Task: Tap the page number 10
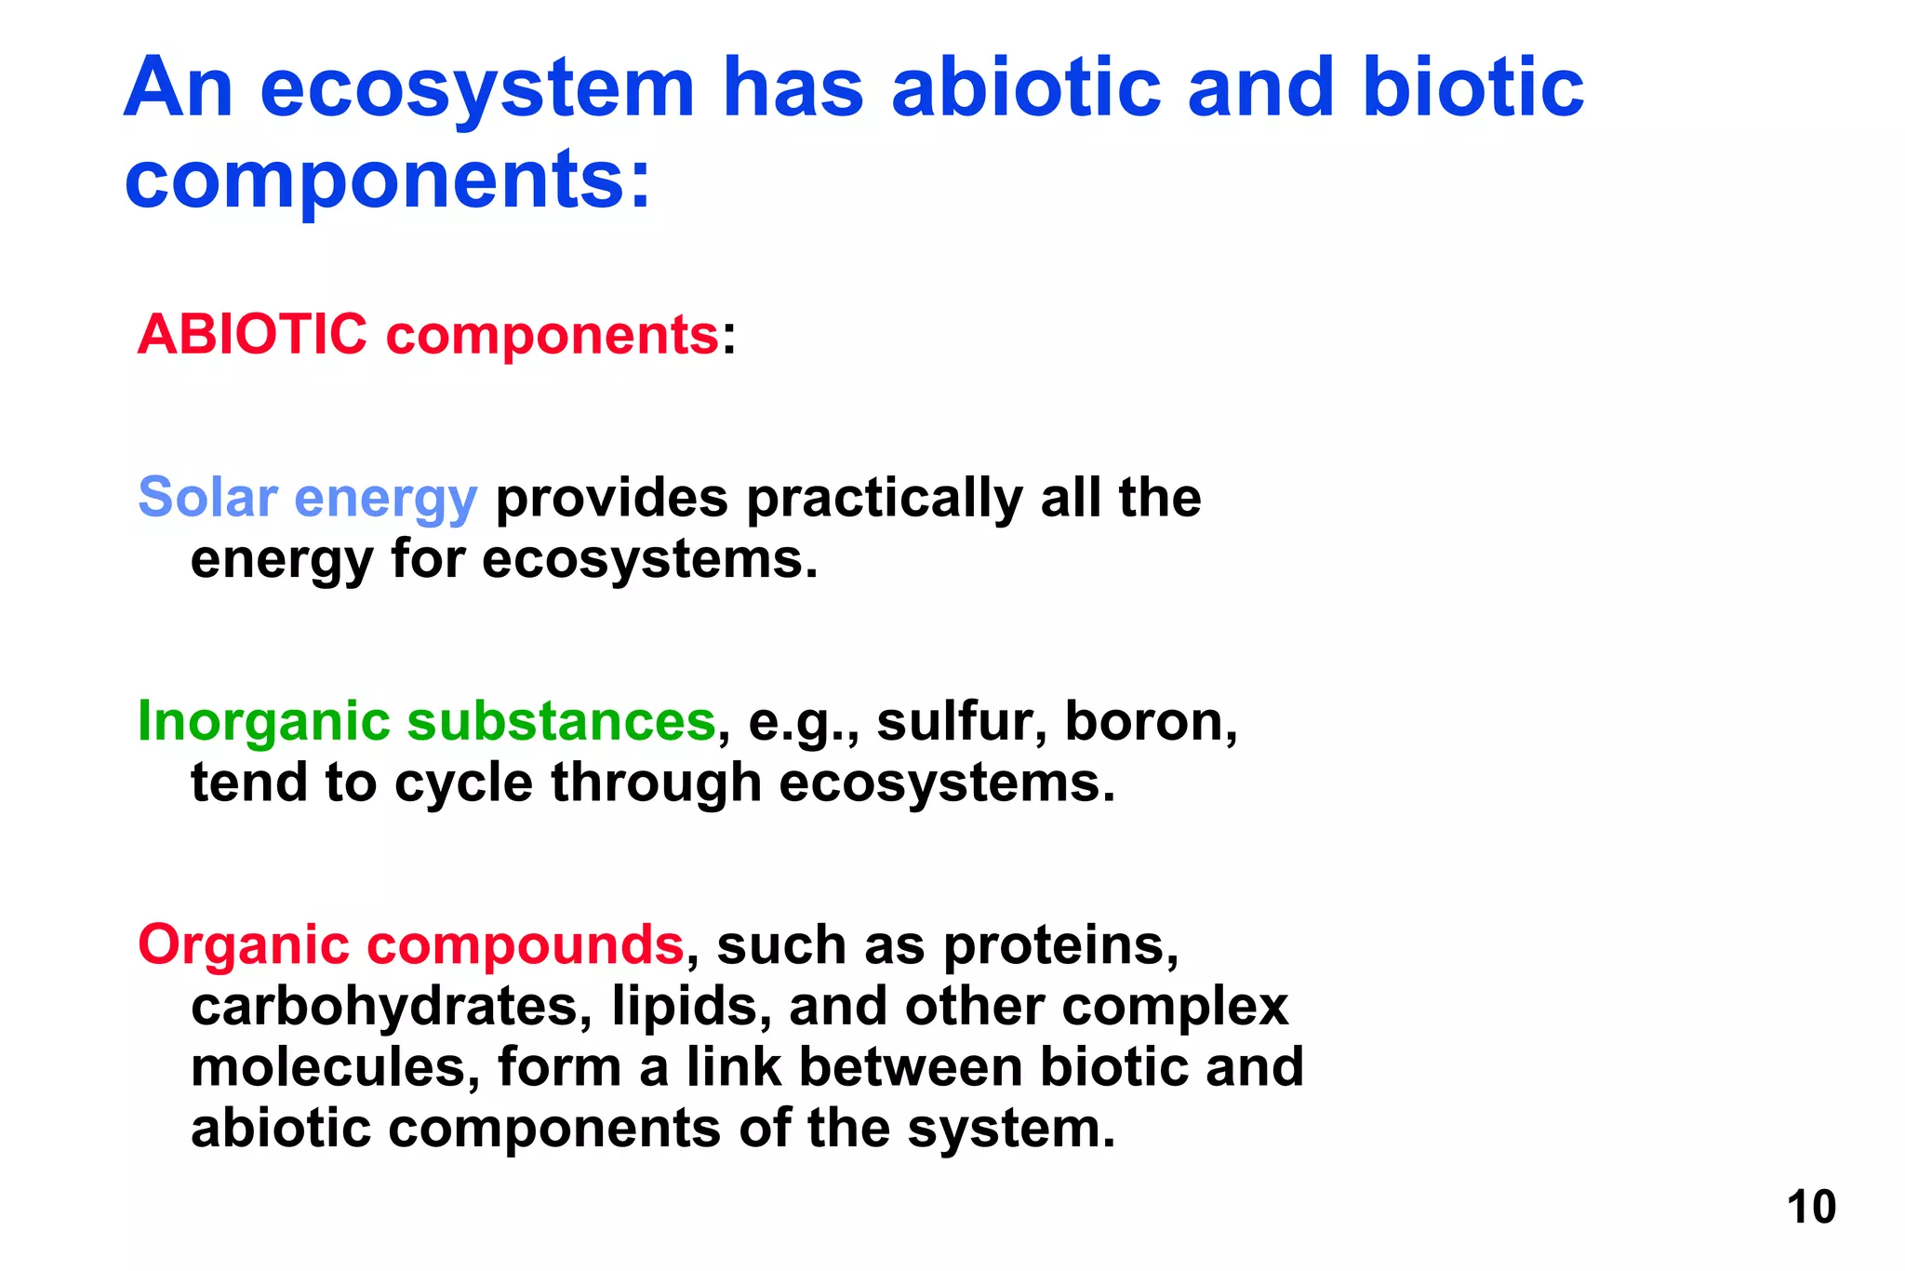coord(1810,1207)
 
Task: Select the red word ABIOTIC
coord(252,334)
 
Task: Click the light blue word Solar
coord(207,497)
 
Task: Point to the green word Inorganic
coord(263,721)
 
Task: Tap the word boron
coord(1150,721)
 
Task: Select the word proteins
coord(1060,945)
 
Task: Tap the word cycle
coord(463,783)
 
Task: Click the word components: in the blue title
coord(387,179)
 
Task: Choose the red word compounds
coord(526,945)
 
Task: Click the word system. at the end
coord(1010,1129)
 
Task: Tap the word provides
coord(611,499)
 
